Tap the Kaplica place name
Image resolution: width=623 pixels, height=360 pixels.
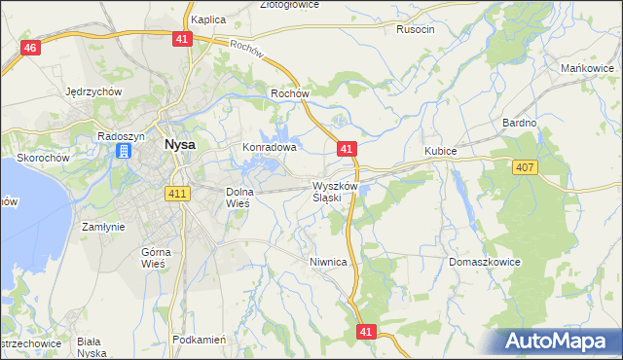tap(208, 18)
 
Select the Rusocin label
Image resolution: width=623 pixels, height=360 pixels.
tap(415, 29)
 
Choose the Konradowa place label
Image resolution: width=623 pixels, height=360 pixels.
tap(269, 148)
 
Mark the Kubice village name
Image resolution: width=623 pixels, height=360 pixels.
tap(441, 152)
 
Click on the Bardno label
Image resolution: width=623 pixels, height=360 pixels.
tap(519, 124)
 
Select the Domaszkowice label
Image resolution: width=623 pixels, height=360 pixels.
tap(486, 263)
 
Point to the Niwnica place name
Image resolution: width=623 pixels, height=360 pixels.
tap(328, 263)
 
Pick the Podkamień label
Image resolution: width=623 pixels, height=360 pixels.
tap(199, 340)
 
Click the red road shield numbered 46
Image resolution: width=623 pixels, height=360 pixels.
tap(31, 49)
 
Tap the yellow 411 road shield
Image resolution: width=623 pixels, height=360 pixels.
tap(177, 194)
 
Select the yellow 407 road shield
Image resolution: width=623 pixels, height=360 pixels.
tap(525, 168)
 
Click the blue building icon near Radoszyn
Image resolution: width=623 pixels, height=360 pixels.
tap(125, 151)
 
